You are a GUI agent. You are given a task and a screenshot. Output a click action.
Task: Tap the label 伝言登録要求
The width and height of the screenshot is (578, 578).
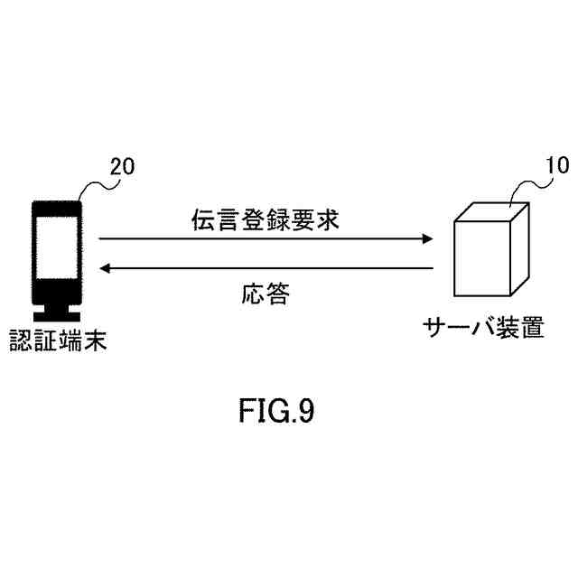[x=266, y=219]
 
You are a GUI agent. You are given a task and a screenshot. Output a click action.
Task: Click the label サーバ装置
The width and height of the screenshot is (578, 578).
[x=483, y=327]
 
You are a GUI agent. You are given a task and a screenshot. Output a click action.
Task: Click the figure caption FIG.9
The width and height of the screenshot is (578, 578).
[x=276, y=412]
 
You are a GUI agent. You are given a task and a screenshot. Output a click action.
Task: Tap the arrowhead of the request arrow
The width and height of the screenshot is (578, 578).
[x=427, y=239]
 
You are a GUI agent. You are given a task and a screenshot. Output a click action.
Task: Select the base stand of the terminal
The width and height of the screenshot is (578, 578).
[x=56, y=315]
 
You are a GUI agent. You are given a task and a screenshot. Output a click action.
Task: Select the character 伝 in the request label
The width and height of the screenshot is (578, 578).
[x=202, y=219]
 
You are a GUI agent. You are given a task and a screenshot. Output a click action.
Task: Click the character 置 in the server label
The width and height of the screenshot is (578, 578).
[x=532, y=327]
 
